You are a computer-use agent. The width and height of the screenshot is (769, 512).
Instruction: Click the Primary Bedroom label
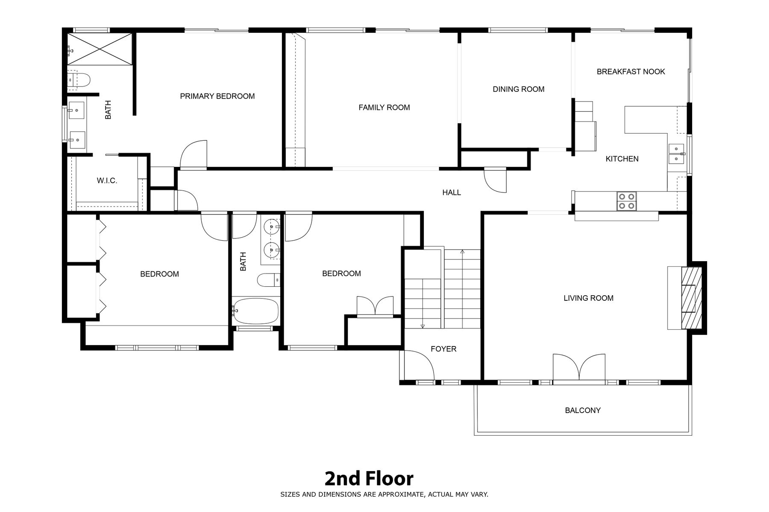(217, 96)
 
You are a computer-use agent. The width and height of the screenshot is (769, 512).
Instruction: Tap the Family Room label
(384, 108)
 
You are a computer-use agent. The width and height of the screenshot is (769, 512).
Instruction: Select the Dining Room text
(518, 89)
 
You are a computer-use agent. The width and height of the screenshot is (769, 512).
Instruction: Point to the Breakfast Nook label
(631, 72)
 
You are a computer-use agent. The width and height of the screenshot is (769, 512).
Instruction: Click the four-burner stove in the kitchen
(627, 201)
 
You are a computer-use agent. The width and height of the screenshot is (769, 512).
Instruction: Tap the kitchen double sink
(676, 154)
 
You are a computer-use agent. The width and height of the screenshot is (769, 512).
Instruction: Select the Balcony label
(583, 410)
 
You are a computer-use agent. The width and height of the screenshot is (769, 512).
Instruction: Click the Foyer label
(443, 349)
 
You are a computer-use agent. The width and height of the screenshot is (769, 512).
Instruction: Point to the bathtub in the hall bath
(255, 311)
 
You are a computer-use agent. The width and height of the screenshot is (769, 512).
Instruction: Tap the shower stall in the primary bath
(99, 49)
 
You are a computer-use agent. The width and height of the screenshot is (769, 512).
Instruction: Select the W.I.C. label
(107, 181)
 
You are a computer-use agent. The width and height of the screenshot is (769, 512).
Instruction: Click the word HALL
(452, 192)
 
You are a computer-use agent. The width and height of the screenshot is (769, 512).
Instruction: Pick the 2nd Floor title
(369, 479)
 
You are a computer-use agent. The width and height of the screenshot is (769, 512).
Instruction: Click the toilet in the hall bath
(268, 280)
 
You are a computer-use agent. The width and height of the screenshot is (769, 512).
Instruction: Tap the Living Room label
(588, 298)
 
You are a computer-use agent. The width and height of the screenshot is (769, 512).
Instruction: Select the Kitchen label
(622, 159)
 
